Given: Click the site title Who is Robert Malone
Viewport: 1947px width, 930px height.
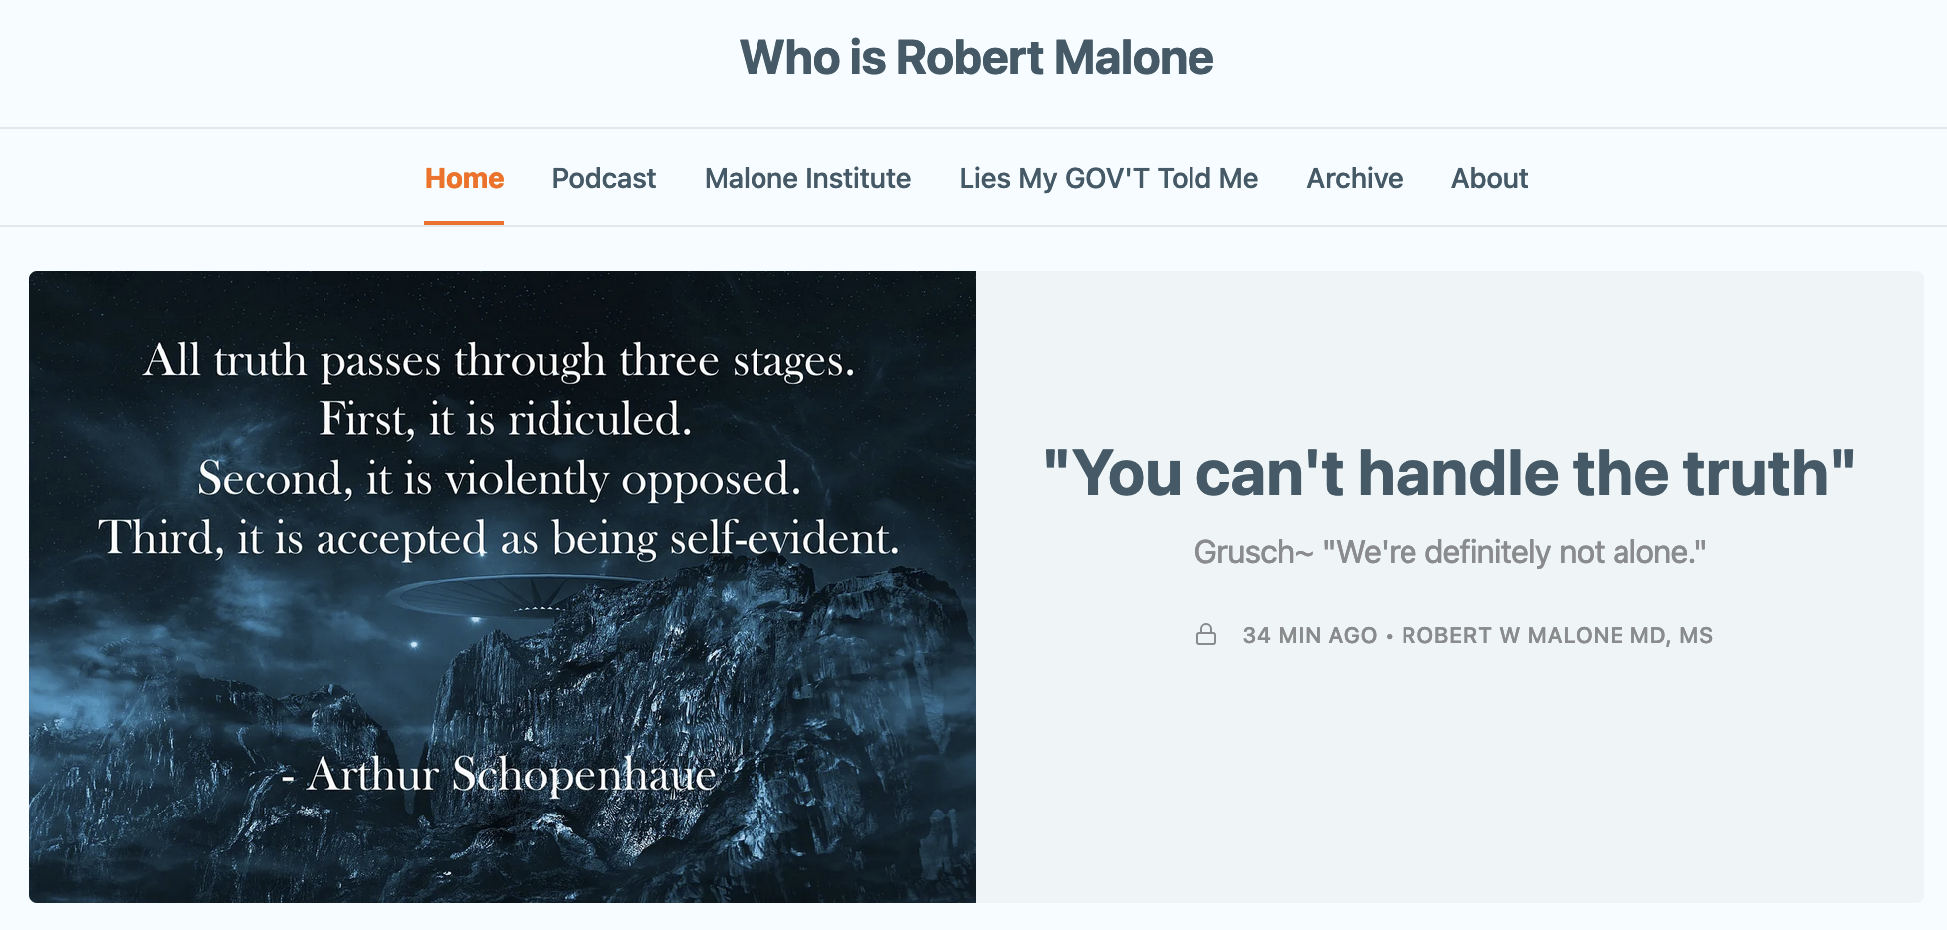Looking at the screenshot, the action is click(976, 58).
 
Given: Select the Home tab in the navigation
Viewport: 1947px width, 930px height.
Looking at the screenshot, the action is click(464, 178).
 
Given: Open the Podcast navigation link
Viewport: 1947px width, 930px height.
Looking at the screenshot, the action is click(604, 178).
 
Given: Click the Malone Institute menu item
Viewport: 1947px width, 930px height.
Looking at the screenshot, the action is click(807, 178).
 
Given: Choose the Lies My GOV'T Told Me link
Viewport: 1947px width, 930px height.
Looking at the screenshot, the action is click(1108, 178).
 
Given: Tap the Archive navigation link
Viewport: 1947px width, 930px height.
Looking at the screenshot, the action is click(1355, 178).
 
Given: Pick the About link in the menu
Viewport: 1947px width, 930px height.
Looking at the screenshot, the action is click(1489, 178).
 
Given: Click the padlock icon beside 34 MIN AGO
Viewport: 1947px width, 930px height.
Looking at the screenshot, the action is click(1206, 634).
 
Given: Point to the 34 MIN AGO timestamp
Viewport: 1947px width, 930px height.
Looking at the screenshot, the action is click(1309, 635).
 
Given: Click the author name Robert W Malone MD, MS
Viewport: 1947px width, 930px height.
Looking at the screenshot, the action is click(1557, 635).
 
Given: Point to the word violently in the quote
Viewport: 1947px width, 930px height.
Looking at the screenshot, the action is click(527, 479).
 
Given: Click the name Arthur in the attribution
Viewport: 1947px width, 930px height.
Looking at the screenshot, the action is click(372, 774).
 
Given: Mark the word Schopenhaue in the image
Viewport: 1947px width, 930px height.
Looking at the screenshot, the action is click(584, 775).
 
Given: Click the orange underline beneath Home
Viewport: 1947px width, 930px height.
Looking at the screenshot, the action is click(464, 223).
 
